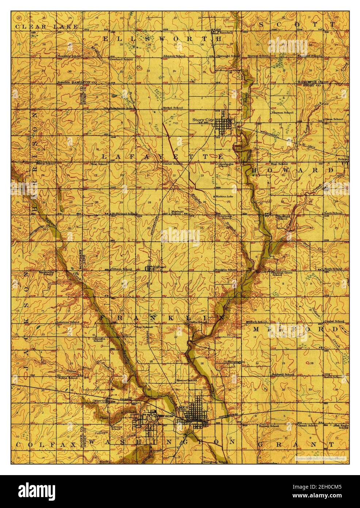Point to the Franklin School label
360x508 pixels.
(226, 270)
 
